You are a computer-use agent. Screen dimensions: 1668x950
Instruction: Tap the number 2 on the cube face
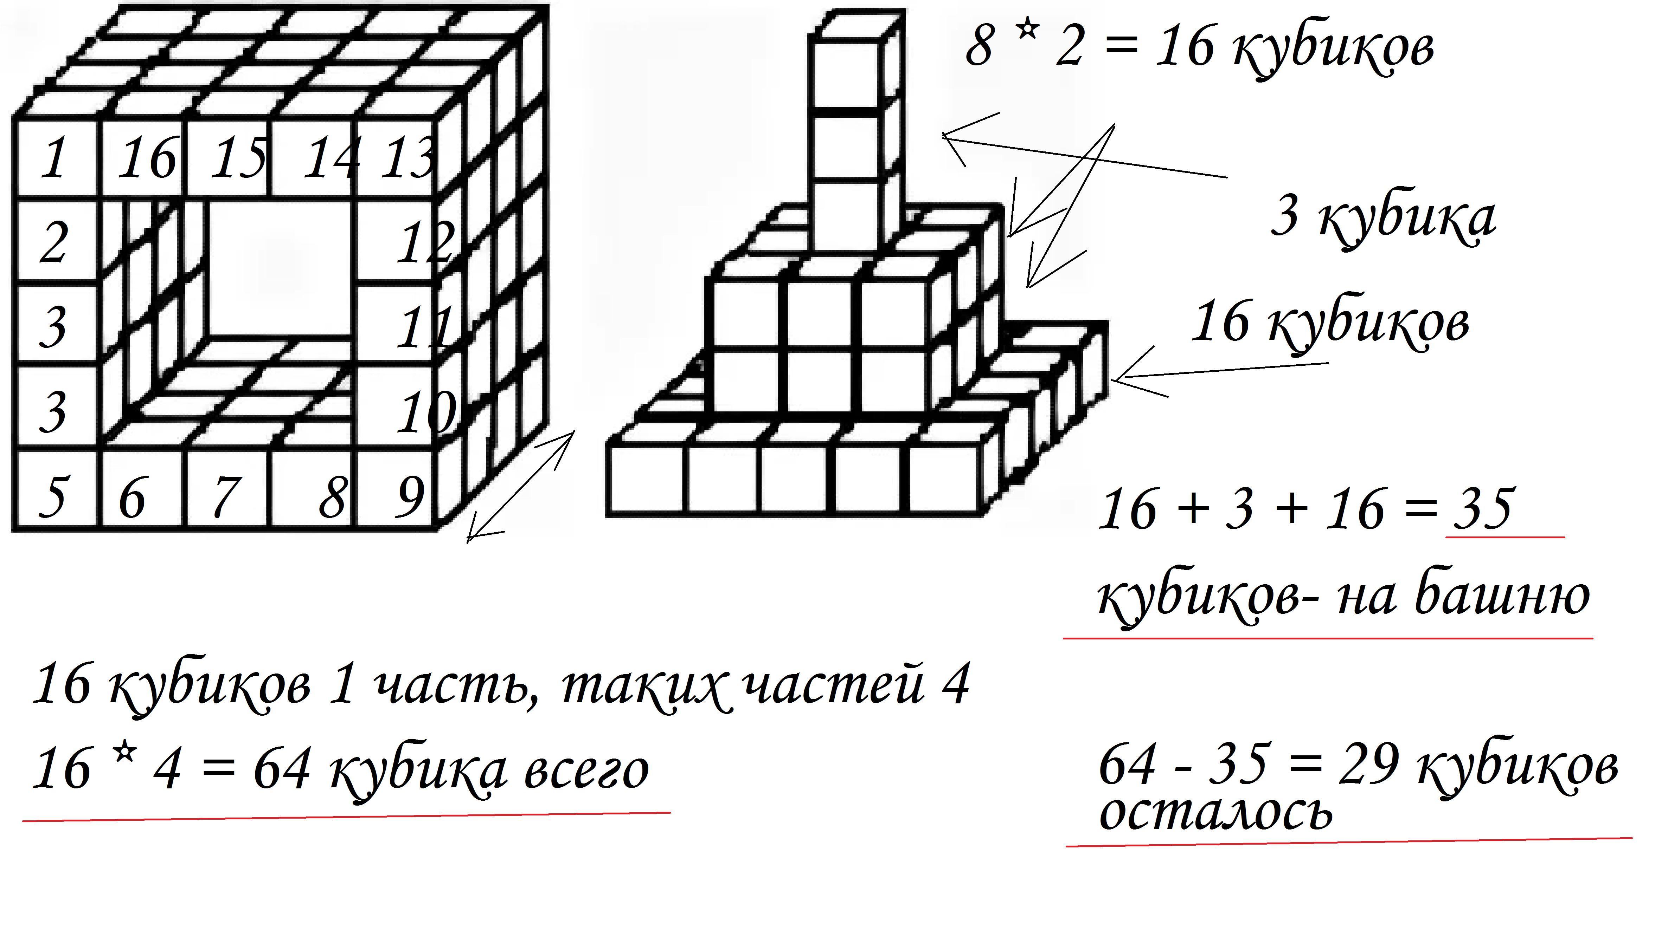pos(53,243)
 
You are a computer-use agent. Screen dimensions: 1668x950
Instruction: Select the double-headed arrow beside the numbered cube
pos(520,486)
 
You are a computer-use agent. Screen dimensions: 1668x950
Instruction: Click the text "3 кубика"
pos(1383,219)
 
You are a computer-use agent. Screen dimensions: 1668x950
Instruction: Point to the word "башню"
pos(1502,595)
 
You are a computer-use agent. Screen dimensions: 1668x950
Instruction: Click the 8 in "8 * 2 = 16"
pos(979,47)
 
